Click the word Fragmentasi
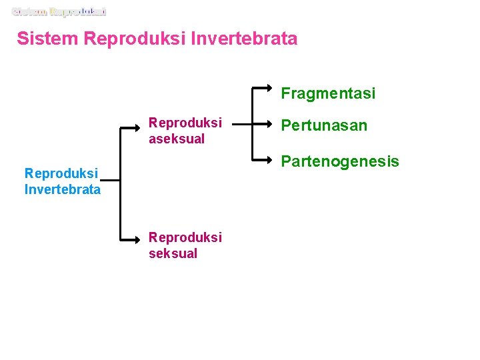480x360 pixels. pos(327,93)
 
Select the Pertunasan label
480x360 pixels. pos(323,126)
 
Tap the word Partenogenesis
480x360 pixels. pos(339,161)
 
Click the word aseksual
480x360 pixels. pos(177,139)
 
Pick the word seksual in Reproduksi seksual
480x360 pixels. pos(173,253)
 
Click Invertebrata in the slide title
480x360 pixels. pos(244,39)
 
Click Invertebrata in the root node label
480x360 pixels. pos(63,189)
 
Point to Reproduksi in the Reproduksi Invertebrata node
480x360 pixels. pos(61,173)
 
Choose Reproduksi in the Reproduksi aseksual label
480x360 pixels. pos(185,123)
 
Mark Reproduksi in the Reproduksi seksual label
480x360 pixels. pos(185,237)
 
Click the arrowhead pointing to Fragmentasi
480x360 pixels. pos(268,87)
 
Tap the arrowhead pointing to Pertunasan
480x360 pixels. pos(268,124)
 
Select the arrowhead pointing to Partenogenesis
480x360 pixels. pos(268,161)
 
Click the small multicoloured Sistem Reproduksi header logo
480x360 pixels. pos(59,11)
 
